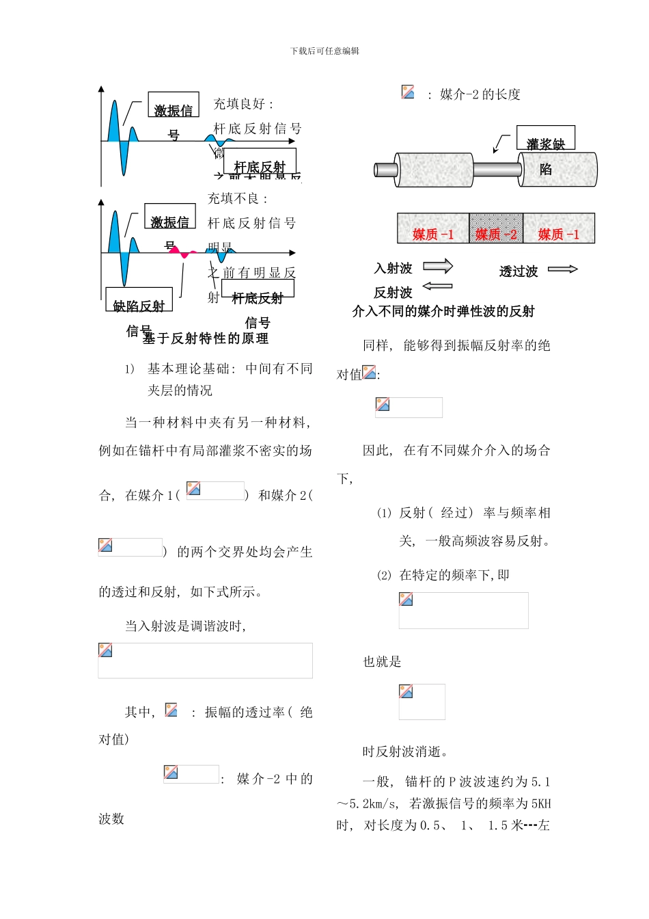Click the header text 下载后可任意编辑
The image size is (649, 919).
pos(324,51)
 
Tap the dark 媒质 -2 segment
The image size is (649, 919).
pos(496,228)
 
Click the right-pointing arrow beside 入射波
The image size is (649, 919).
pos(438,266)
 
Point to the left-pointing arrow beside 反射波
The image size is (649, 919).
pos(437,287)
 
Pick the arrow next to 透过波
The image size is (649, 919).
pos(563,269)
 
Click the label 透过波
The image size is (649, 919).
pos(519,271)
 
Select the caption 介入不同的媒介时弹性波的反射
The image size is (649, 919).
pos(443,312)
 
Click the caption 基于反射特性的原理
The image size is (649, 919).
pos(206,338)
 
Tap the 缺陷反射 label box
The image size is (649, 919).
pos(139,300)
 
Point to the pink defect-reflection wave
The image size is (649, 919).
pos(183,252)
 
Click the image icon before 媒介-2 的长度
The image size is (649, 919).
pos(408,92)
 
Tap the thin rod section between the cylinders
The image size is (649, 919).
pos(495,169)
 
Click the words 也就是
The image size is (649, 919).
pos(382,662)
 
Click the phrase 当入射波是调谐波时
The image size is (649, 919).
pos(186,626)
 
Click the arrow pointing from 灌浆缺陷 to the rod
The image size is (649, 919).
pos(501,144)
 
